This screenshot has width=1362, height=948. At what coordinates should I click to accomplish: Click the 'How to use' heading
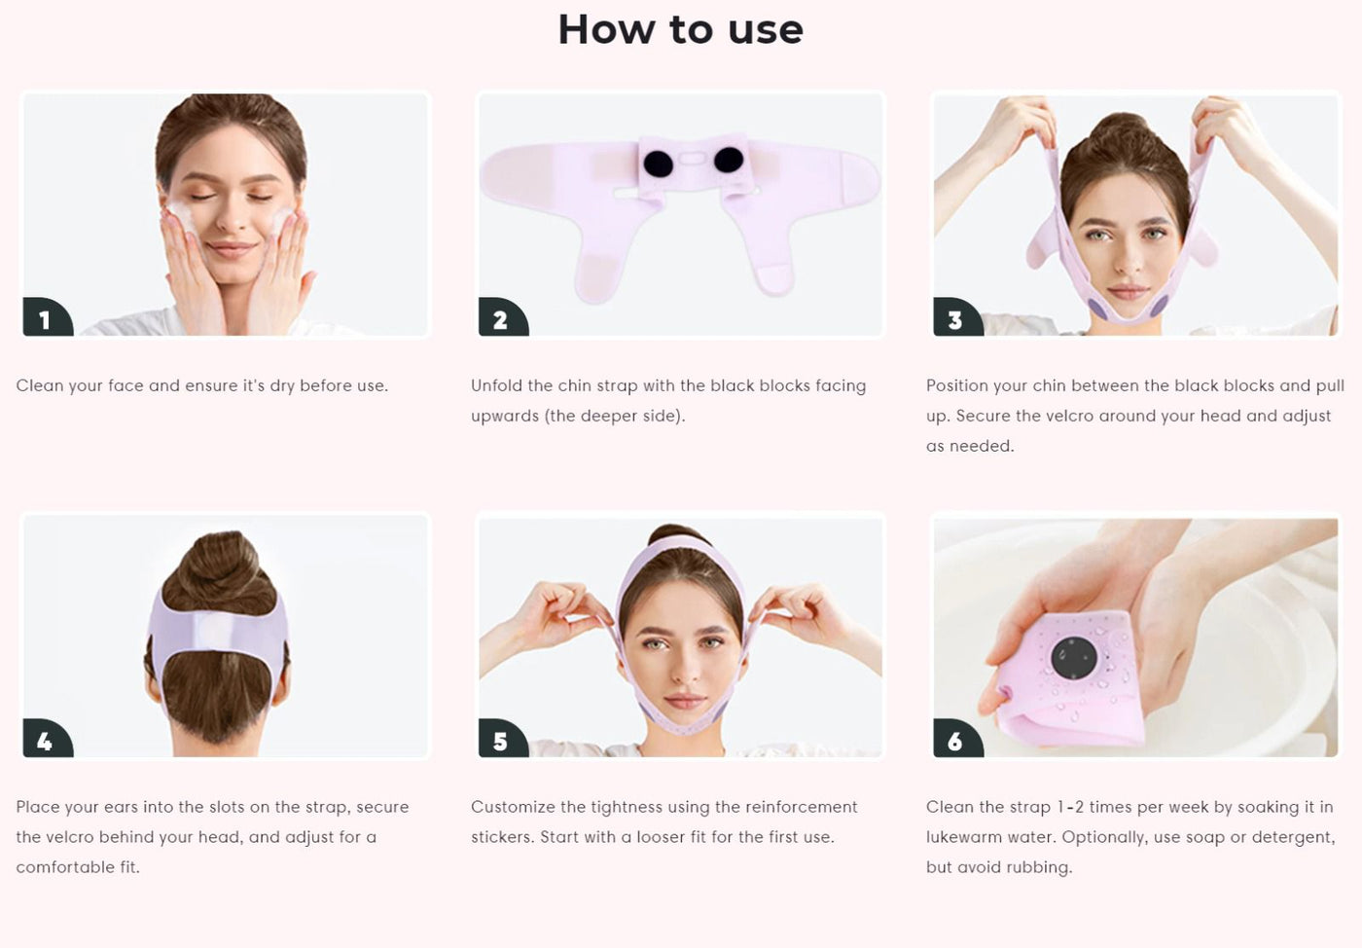point(680,30)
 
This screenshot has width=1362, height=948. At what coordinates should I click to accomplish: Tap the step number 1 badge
point(47,317)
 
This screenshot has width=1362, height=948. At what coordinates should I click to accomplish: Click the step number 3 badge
point(957,317)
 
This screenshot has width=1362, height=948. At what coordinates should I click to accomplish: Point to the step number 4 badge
point(47,739)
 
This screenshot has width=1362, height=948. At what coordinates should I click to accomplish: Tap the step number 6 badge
point(957,739)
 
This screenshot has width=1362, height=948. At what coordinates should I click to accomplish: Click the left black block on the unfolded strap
point(658,164)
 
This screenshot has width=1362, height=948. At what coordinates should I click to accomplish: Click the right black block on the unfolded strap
point(729,160)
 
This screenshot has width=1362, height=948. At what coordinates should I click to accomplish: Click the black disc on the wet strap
point(1074,658)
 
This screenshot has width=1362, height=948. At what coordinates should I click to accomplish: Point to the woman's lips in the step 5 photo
point(685,701)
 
